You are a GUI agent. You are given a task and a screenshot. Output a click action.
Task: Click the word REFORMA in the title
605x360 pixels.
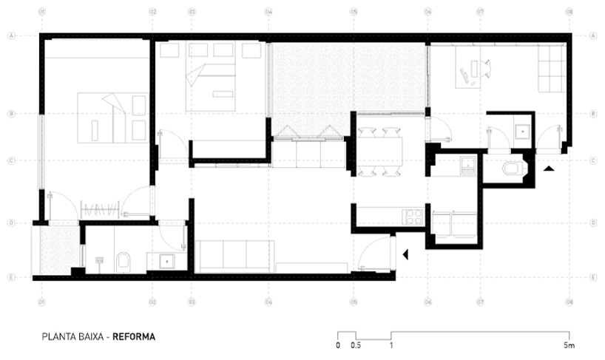135,336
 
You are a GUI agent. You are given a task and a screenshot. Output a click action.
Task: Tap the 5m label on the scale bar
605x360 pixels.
567,346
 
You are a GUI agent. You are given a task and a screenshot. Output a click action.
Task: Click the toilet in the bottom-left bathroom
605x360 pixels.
123,259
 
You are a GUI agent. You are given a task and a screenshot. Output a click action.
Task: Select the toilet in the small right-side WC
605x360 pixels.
512,169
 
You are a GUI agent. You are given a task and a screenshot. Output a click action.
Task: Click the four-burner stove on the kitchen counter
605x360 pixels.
412,216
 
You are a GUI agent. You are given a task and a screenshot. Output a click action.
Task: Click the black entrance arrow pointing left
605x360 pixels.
405,255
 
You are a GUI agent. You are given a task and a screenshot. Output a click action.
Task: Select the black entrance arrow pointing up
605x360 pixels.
548,169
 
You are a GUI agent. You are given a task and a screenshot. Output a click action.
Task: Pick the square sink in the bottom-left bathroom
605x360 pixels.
163,260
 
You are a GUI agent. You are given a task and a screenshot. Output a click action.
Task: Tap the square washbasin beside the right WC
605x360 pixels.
521,131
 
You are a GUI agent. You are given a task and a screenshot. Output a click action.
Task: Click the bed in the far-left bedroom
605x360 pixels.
110,118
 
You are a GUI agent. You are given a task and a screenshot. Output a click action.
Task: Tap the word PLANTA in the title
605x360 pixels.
58,336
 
